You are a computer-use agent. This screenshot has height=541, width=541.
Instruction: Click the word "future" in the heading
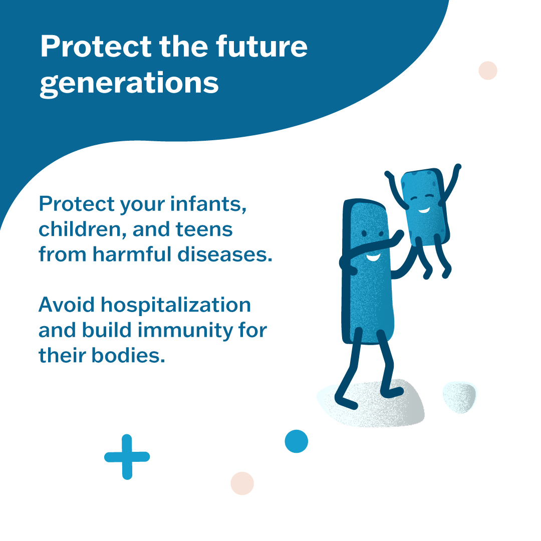tap(261, 47)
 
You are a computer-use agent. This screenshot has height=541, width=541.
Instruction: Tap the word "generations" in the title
tap(129, 84)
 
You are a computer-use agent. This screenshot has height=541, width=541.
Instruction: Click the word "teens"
tap(204, 229)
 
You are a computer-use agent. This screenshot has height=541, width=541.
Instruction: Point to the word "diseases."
tap(225, 254)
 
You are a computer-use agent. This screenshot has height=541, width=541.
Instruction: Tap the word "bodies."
tap(128, 355)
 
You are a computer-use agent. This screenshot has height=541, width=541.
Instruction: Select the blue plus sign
tap(127, 457)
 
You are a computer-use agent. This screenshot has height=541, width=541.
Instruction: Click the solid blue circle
tap(297, 441)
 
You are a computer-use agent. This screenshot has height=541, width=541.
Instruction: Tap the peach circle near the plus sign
tap(242, 483)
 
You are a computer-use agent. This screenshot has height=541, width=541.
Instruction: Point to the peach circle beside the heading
tap(488, 71)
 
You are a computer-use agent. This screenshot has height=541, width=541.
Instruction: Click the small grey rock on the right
tap(459, 397)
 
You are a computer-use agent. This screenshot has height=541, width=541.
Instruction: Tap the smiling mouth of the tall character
tap(373, 257)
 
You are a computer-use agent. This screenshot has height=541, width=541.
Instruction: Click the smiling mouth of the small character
tap(424, 210)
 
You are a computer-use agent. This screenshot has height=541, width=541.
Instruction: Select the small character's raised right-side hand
tap(457, 168)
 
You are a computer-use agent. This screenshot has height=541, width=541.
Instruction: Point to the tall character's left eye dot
tap(364, 233)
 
